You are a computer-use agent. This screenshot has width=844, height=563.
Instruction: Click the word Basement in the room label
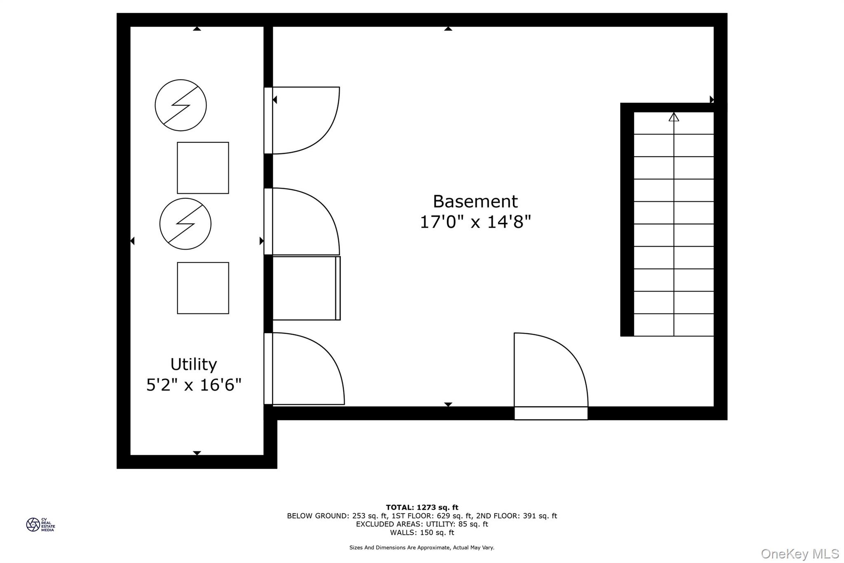point(475,202)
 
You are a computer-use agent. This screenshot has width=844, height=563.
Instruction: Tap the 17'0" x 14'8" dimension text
point(475,222)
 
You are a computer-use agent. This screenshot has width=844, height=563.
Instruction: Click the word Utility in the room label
point(193,365)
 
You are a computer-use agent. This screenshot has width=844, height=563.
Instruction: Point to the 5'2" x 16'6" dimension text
point(194,385)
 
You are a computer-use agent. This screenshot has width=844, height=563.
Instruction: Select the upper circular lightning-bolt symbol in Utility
point(181,105)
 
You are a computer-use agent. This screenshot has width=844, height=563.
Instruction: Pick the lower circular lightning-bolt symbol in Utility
point(185,224)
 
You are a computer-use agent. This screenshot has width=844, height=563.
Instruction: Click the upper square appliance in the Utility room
point(203,168)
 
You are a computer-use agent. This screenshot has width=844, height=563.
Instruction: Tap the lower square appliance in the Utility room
point(203,288)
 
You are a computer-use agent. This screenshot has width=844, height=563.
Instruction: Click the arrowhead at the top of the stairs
point(673,117)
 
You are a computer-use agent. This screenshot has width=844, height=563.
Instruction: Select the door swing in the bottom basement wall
point(548,371)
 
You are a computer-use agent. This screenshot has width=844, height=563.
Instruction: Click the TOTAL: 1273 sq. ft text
point(422,507)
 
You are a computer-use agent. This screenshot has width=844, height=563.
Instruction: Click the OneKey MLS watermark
point(799,554)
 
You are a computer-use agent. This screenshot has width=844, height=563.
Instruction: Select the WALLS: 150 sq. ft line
point(422,532)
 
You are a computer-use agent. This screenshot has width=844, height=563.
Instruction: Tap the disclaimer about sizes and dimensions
point(422,548)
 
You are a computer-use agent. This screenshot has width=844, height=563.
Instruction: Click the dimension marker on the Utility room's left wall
point(132,241)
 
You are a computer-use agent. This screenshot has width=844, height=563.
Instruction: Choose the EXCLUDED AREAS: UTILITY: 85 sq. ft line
point(422,524)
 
